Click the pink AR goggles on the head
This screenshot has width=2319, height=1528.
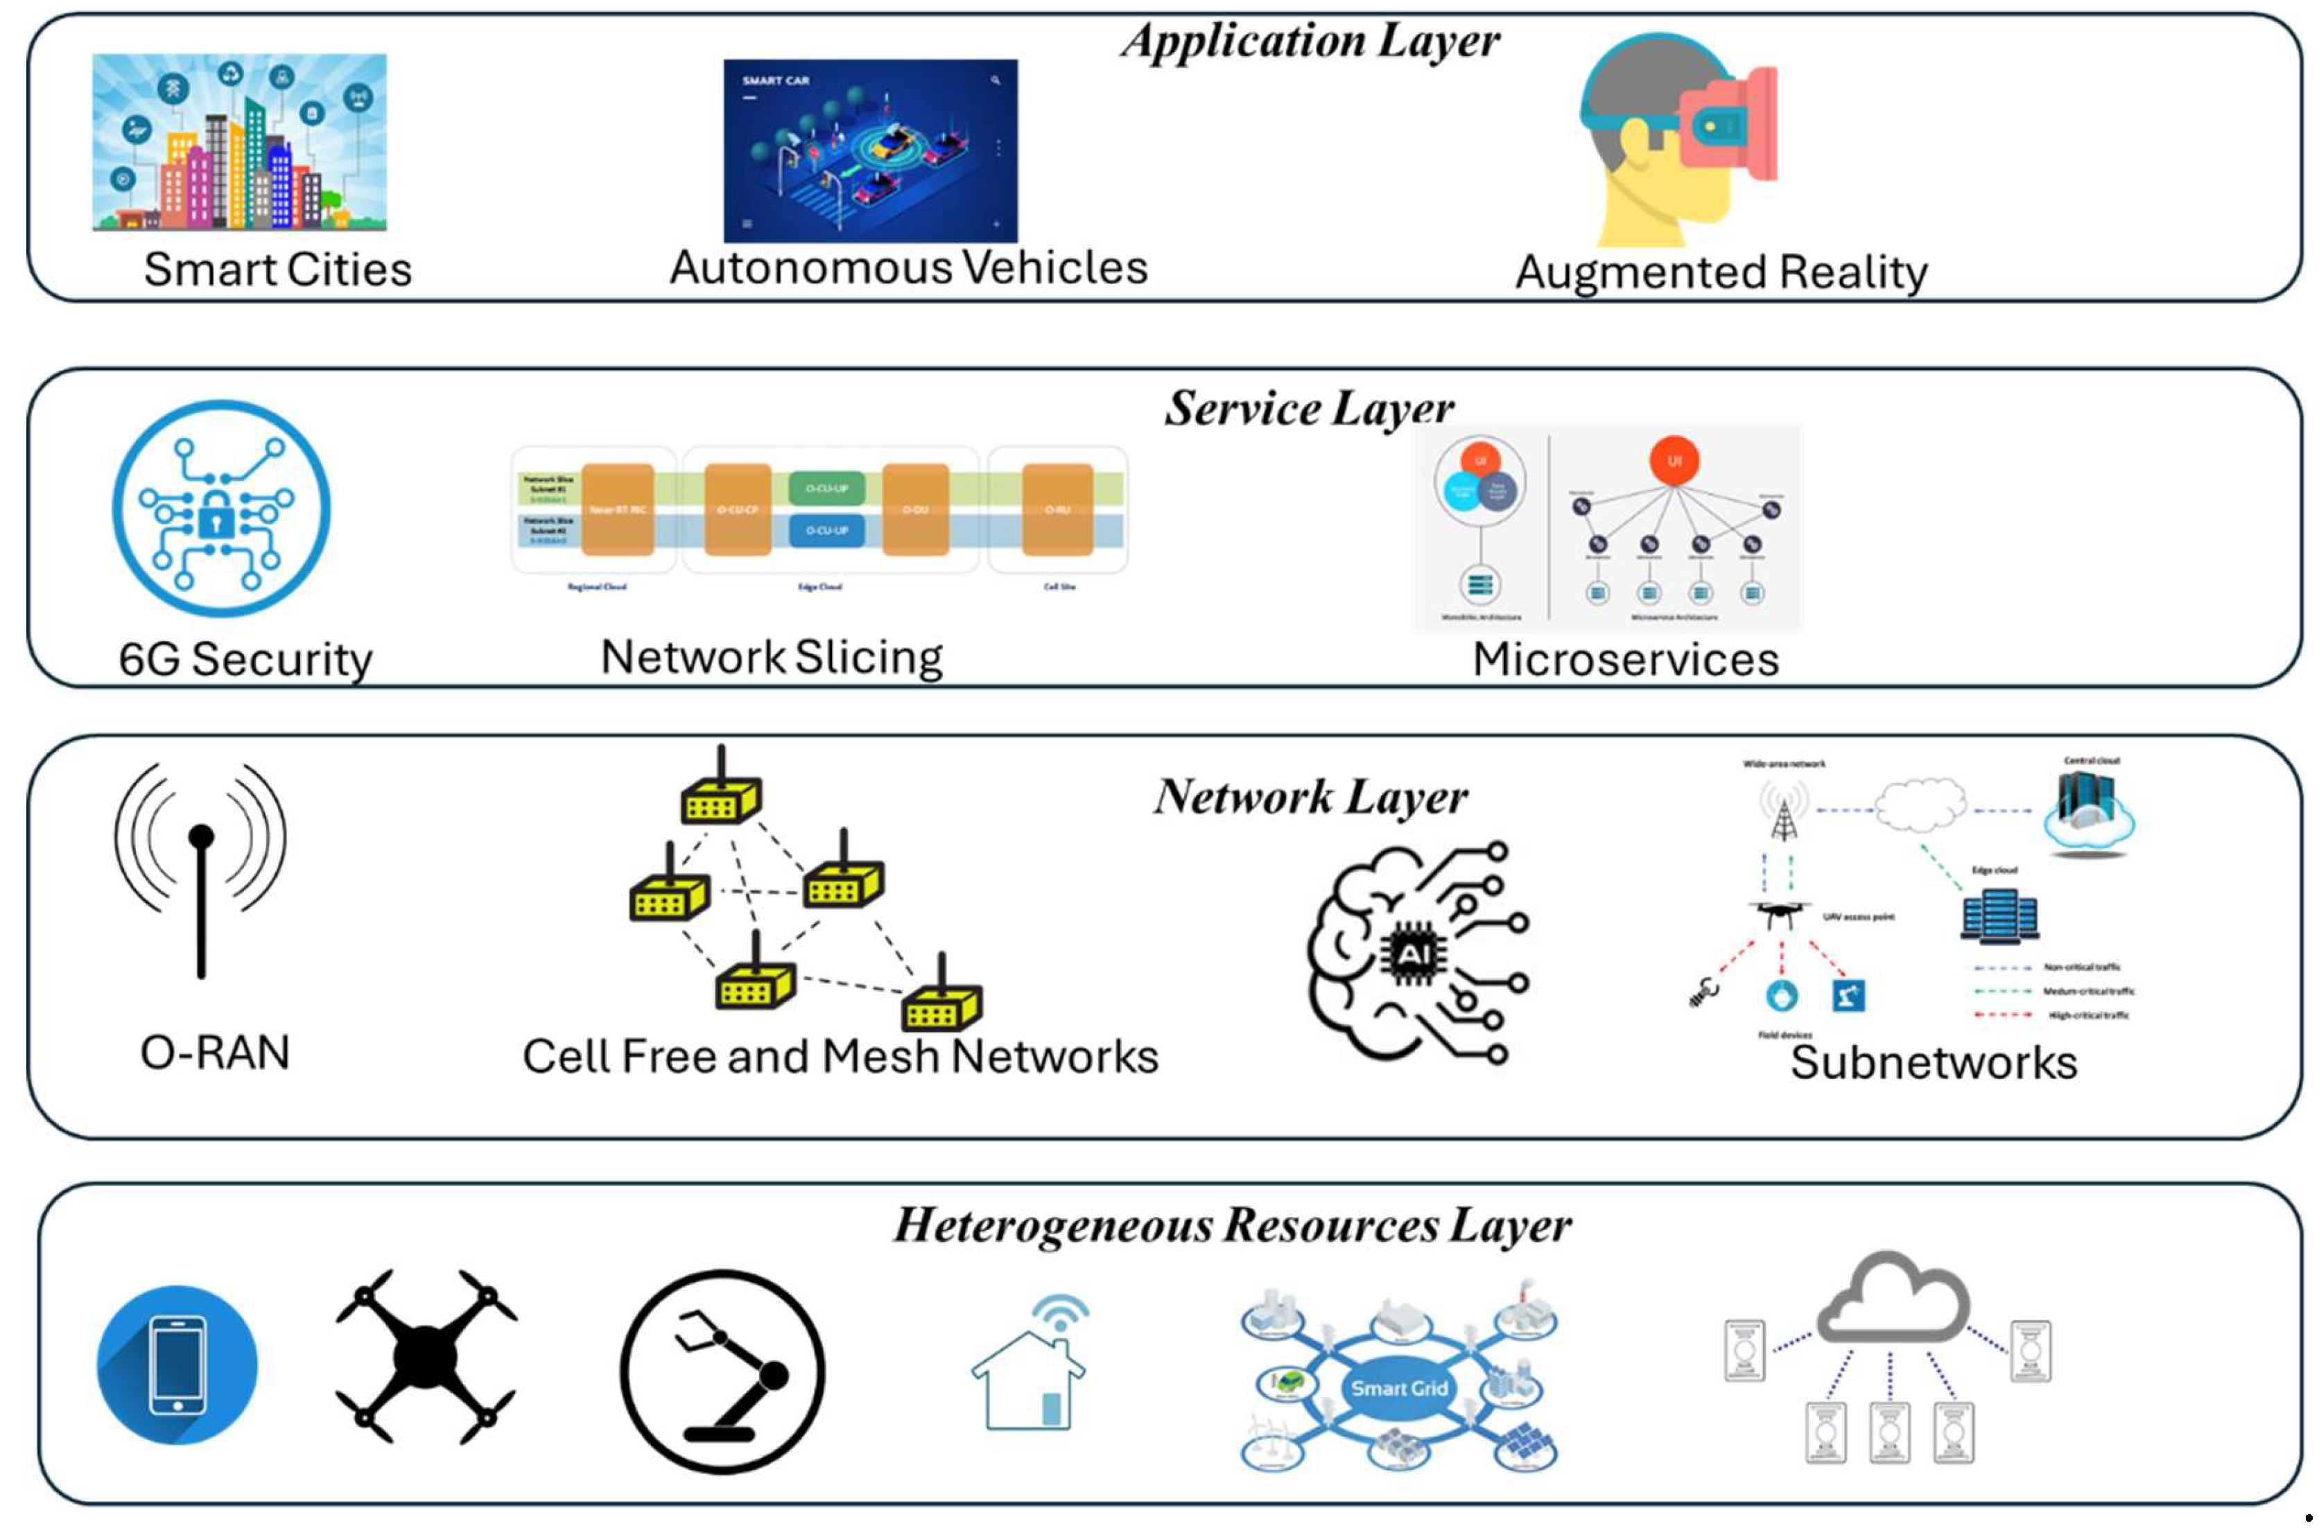[1730, 122]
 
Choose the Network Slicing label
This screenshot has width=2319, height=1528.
[771, 657]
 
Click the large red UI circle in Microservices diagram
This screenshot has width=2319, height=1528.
[1674, 461]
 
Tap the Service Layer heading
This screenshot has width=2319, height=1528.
[1308, 408]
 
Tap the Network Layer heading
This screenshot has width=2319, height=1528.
[1310, 797]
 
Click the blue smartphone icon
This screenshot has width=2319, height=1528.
[177, 1364]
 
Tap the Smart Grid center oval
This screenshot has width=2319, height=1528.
[1399, 1387]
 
